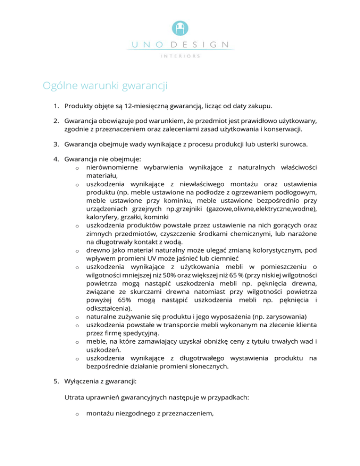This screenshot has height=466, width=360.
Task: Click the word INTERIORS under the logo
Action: pos(180,56)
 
